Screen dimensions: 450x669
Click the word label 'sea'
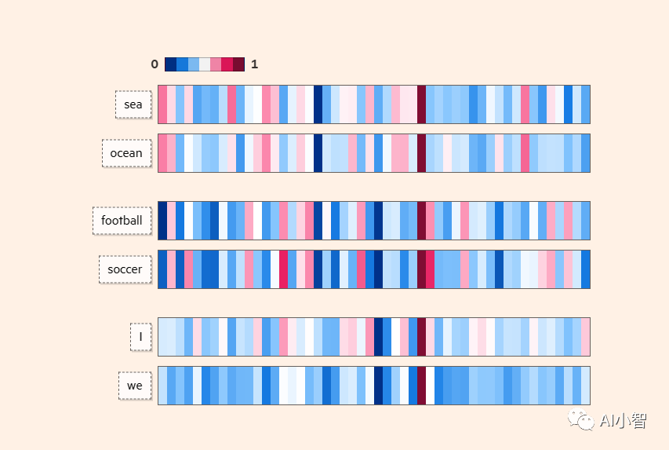point(133,104)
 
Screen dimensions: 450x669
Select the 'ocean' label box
point(126,153)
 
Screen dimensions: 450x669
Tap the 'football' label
point(122,221)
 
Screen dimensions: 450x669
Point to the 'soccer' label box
point(125,269)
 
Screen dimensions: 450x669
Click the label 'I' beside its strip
point(140,337)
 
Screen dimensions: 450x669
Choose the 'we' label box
point(135,386)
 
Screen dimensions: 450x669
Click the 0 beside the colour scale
point(155,64)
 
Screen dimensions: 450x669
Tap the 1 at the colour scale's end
point(254,64)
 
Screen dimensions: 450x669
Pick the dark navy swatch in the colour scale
point(170,64)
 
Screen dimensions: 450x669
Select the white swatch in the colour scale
point(205,64)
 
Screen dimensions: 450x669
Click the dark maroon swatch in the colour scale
point(238,64)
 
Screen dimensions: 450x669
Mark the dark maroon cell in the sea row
point(421,104)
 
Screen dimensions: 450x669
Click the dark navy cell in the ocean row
point(318,153)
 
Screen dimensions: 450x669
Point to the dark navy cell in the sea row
point(318,104)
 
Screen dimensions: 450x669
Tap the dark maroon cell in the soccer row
point(421,269)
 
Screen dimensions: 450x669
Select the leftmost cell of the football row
point(162,221)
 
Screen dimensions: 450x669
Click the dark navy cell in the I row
point(378,337)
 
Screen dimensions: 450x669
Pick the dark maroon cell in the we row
point(421,386)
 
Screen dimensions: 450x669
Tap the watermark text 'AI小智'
point(624,422)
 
